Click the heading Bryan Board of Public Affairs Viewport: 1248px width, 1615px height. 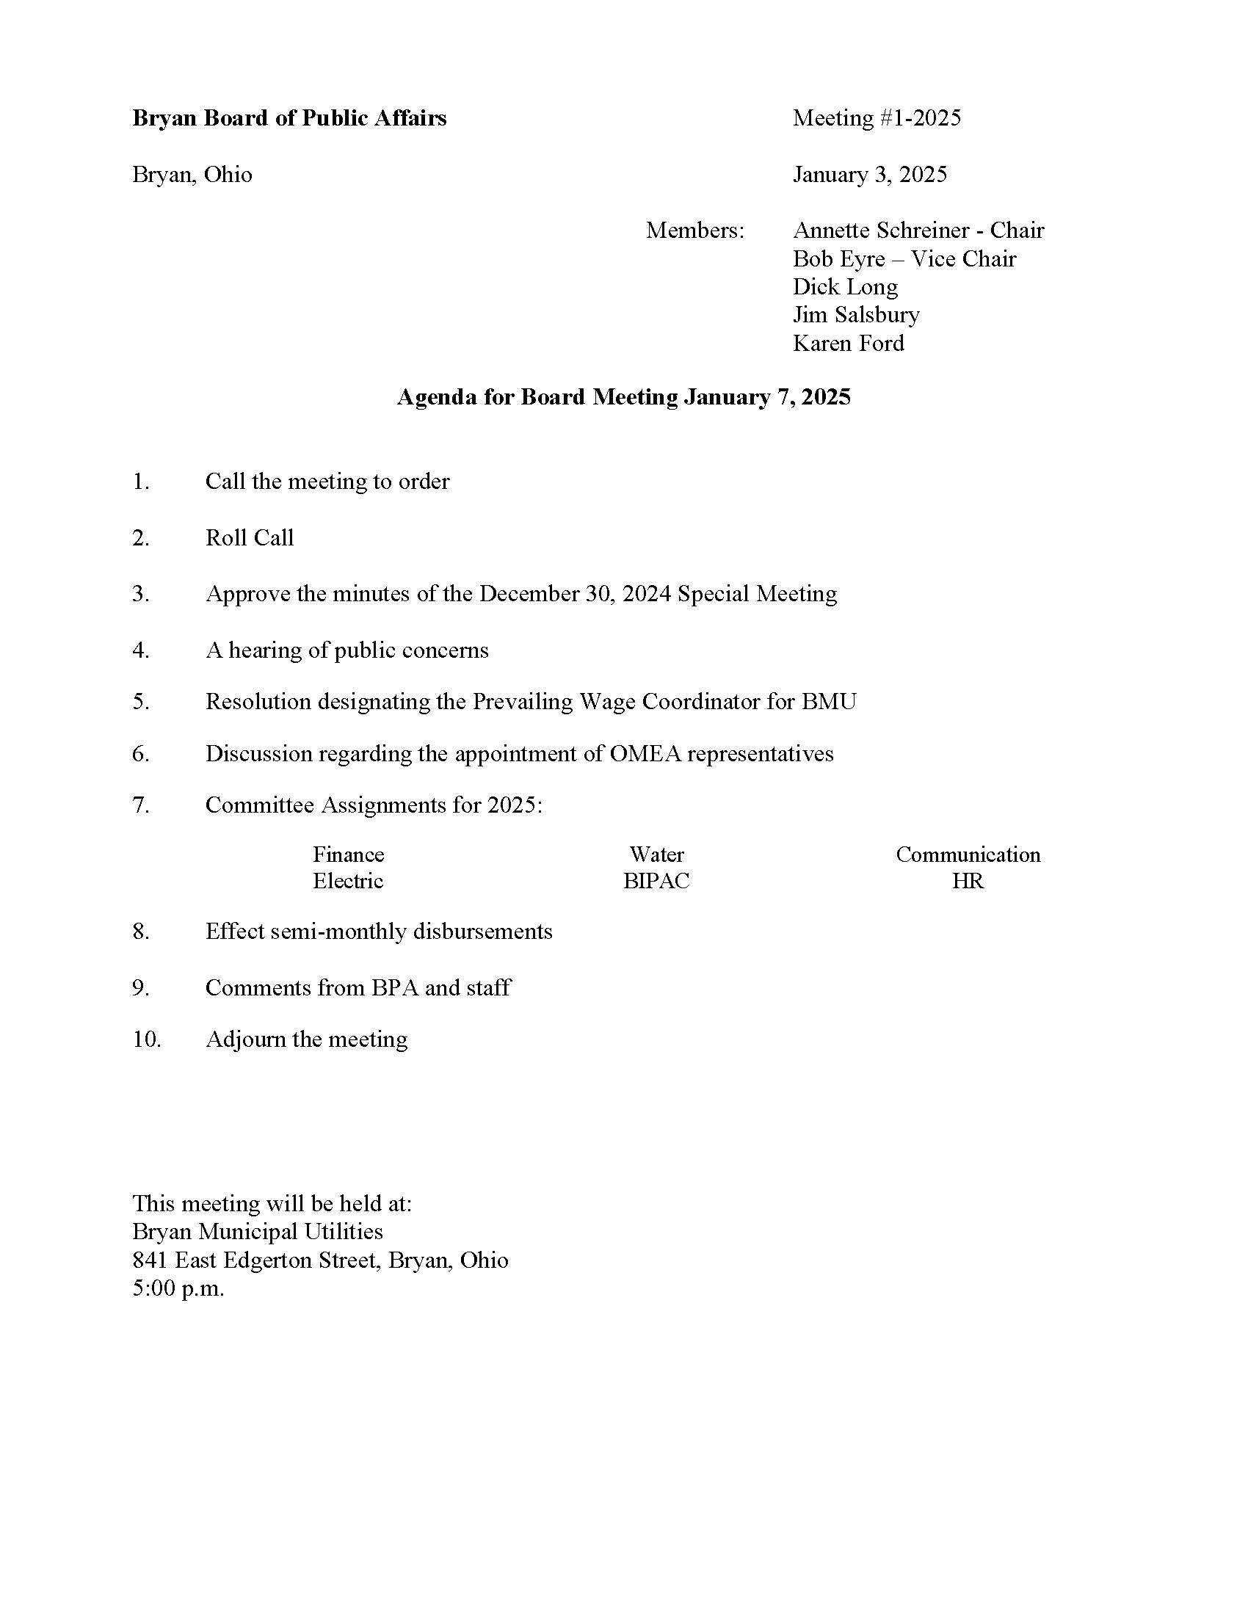[x=289, y=118]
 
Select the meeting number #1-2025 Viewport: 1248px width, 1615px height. [x=918, y=118]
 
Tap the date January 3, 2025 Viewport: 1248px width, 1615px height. [x=869, y=175]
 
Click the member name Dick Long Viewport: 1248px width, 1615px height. [x=845, y=287]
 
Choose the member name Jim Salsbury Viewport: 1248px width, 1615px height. [x=856, y=315]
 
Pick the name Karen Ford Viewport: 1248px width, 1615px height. [x=848, y=343]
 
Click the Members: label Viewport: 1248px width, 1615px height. [x=695, y=231]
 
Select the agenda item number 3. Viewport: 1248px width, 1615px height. [x=140, y=594]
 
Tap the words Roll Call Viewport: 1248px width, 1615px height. [x=249, y=537]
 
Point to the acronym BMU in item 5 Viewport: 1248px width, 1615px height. [x=829, y=701]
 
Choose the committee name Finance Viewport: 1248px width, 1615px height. [x=348, y=854]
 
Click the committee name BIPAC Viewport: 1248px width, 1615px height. [x=656, y=882]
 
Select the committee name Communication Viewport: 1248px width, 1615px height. [x=968, y=854]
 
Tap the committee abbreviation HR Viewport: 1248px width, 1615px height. [x=968, y=882]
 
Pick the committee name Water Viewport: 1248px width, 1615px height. [x=656, y=854]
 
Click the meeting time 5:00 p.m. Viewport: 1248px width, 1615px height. [x=178, y=1289]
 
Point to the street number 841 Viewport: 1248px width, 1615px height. [x=150, y=1260]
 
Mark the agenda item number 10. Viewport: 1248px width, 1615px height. [x=146, y=1039]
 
